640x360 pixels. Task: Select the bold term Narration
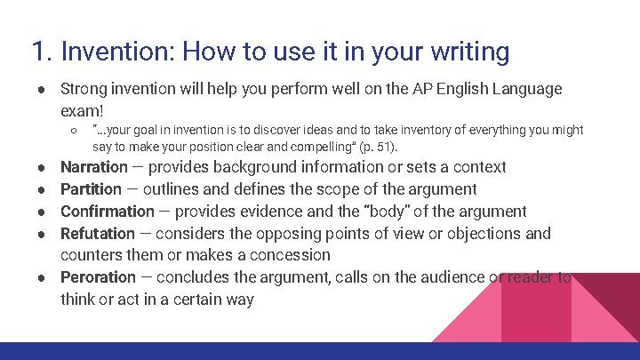[x=93, y=167]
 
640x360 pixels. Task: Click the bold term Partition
[x=91, y=189]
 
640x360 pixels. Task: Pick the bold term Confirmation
[x=107, y=212]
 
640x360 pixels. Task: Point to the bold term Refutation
[x=97, y=234]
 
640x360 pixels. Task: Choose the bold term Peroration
[x=98, y=277]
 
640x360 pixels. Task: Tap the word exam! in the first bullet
[x=82, y=111]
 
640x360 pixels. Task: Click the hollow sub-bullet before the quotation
[x=75, y=131]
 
